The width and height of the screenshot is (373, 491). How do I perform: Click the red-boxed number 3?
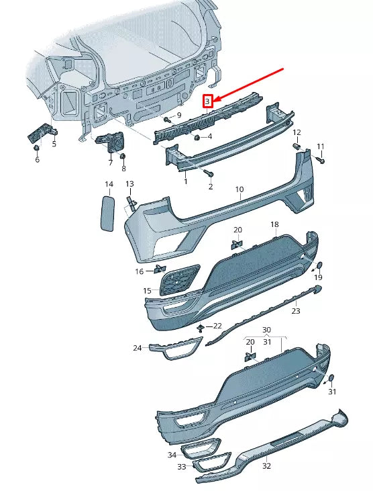pos(208,101)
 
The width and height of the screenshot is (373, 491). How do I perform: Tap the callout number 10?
pos(239,190)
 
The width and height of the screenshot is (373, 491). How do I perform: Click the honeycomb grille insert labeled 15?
pos(179,280)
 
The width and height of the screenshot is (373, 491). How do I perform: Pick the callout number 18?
pos(274,224)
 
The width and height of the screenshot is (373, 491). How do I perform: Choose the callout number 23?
pos(296,311)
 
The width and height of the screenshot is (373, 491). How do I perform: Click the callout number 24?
pos(137,348)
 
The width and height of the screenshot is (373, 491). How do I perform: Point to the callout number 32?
pos(266,465)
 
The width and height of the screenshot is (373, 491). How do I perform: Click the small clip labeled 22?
pos(201,327)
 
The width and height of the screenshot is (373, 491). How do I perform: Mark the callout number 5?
pos(54,143)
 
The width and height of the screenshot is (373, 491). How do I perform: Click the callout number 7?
pos(110,162)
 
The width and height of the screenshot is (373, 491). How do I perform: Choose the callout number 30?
pos(266,330)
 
